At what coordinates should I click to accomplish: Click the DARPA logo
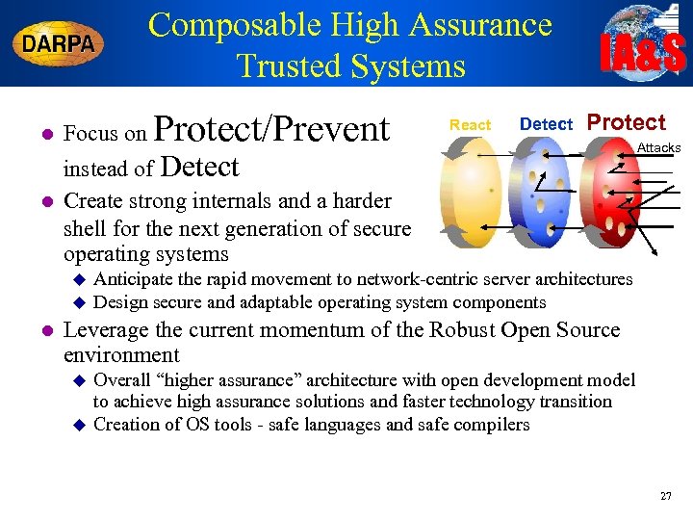point(59,44)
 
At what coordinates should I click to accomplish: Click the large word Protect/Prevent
point(271,129)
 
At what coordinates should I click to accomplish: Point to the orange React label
point(470,125)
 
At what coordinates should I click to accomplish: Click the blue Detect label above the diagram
point(546,124)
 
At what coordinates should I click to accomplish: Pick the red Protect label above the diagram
point(626,122)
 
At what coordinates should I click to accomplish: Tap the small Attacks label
point(658,147)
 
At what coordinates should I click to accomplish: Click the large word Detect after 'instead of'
point(199,168)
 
